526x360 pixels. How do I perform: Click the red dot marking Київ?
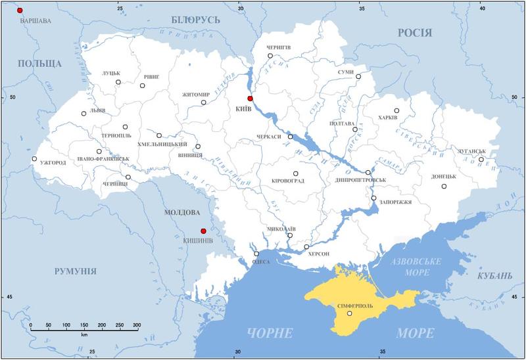(x=250, y=99)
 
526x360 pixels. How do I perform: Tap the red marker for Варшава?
(x=20, y=11)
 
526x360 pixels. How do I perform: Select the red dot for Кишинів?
(x=203, y=231)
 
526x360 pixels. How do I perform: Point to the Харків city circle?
(x=396, y=110)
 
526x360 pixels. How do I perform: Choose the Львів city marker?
(x=84, y=114)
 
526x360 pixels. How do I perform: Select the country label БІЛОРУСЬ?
(x=195, y=20)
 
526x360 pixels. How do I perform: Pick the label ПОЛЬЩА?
(x=39, y=64)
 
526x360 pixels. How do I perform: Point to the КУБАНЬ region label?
(x=490, y=276)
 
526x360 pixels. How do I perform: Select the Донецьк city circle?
(x=444, y=187)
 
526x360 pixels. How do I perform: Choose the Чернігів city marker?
(x=270, y=56)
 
